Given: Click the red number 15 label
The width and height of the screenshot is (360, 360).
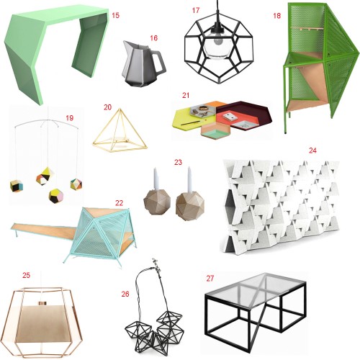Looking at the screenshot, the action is [115, 16].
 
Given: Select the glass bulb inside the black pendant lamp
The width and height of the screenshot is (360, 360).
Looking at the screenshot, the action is [216, 45].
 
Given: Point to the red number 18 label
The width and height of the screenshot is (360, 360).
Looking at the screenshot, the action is [276, 16].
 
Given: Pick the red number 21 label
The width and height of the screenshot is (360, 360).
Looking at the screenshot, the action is [186, 95].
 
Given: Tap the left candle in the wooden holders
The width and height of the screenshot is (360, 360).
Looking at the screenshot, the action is [156, 179].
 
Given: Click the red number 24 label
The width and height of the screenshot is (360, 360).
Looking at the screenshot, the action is [312, 150].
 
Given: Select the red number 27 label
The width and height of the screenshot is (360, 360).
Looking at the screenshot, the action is [210, 279].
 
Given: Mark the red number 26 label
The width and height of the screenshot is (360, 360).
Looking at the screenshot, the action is [125, 294].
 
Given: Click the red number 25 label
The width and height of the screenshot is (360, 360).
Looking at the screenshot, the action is [27, 275].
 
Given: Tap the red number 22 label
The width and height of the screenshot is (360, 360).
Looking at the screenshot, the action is [119, 203].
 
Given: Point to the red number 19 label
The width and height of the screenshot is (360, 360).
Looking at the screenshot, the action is [69, 118].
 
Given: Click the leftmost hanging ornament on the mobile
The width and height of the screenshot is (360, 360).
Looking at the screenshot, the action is [17, 186].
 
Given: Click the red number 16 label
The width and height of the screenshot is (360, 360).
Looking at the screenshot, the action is [153, 38].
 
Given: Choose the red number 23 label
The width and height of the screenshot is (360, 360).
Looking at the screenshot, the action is [178, 162].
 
